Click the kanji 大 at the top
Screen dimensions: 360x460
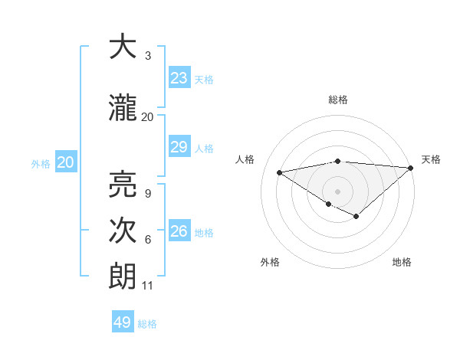click(123, 47)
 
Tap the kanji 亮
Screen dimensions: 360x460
click(123, 183)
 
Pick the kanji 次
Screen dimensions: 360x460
click(123, 230)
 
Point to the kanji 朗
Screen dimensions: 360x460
click(123, 276)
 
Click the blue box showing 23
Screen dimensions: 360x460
click(179, 78)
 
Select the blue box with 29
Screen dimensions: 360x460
click(179, 148)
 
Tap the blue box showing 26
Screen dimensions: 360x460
click(179, 231)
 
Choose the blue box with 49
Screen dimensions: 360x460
click(123, 322)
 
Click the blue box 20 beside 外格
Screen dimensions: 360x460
click(65, 162)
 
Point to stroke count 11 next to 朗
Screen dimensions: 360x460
click(147, 286)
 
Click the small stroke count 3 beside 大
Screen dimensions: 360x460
click(147, 56)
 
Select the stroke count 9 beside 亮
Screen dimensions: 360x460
click(147, 193)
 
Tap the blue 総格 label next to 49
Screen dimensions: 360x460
click(147, 324)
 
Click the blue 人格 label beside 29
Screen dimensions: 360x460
click(204, 149)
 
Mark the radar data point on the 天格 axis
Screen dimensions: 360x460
click(412, 168)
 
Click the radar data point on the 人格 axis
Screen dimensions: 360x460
click(279, 172)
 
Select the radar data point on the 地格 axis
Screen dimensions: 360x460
click(356, 217)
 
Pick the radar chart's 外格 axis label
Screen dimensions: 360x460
click(270, 263)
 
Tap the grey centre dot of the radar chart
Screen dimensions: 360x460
click(337, 191)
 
